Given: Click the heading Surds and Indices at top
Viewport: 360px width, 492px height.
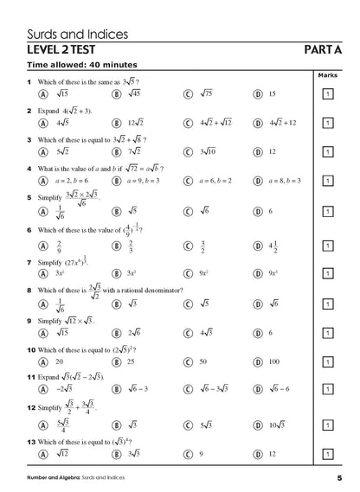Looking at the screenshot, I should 78,35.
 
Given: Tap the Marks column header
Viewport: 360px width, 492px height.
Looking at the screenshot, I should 328,75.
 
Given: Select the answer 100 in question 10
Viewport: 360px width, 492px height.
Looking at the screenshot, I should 274,361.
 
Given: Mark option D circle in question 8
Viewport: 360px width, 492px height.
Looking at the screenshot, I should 257,304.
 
